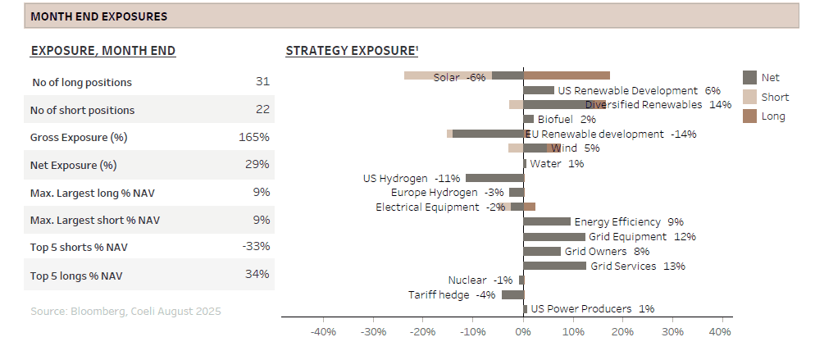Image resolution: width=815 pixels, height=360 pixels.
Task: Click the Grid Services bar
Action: tap(554, 266)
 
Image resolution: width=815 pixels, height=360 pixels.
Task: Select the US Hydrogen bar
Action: tap(494, 178)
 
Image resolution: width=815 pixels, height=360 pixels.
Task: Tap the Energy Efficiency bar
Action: tap(547, 221)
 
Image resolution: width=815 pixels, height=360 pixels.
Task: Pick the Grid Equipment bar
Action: tap(554, 236)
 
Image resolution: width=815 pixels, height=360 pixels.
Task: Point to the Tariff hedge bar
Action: tap(512, 294)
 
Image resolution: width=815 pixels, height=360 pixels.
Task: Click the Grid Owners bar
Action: tap(542, 251)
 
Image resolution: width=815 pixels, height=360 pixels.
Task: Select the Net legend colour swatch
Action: tap(749, 77)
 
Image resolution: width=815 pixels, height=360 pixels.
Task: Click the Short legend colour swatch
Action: tap(749, 97)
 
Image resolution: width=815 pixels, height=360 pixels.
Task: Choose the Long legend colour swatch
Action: tap(749, 116)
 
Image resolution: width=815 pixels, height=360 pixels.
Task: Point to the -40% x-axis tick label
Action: tap(324, 332)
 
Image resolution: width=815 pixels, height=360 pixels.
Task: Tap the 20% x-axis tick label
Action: tap(622, 332)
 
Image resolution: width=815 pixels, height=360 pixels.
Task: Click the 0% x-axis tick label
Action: tap(523, 332)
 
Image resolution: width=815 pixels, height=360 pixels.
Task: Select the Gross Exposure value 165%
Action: tap(253, 137)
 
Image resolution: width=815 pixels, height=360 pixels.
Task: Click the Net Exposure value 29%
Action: tap(257, 165)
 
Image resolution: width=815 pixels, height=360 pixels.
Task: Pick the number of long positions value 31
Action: tap(262, 81)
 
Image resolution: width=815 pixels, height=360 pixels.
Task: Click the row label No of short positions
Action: tap(82, 110)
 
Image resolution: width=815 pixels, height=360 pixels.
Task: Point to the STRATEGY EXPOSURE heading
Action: tap(352, 51)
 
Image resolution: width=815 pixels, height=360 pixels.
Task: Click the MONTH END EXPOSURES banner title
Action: tap(98, 16)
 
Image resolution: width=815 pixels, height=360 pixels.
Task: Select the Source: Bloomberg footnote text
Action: tap(125, 312)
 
